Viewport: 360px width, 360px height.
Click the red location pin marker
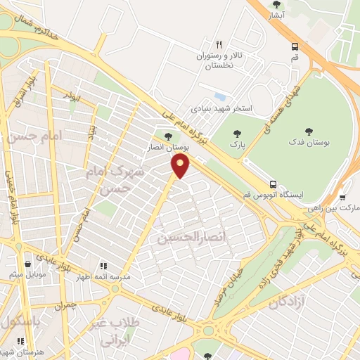click(x=181, y=166)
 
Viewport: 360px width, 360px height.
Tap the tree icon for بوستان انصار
click(x=167, y=136)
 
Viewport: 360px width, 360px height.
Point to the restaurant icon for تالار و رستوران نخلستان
click(x=219, y=44)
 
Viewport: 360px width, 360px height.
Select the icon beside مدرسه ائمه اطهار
click(x=103, y=265)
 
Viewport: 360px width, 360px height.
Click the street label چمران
click(x=63, y=306)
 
